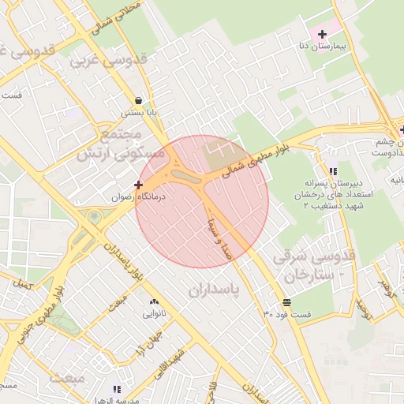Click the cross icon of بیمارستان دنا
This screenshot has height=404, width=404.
point(322,34)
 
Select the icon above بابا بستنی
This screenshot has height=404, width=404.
point(139,101)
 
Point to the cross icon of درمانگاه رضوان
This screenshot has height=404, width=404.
point(138,184)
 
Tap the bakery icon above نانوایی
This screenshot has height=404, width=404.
point(153,301)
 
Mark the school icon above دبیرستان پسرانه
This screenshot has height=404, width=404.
point(332,171)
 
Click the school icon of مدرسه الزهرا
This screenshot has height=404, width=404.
point(118,389)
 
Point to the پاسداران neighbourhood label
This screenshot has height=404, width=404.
point(217,291)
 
